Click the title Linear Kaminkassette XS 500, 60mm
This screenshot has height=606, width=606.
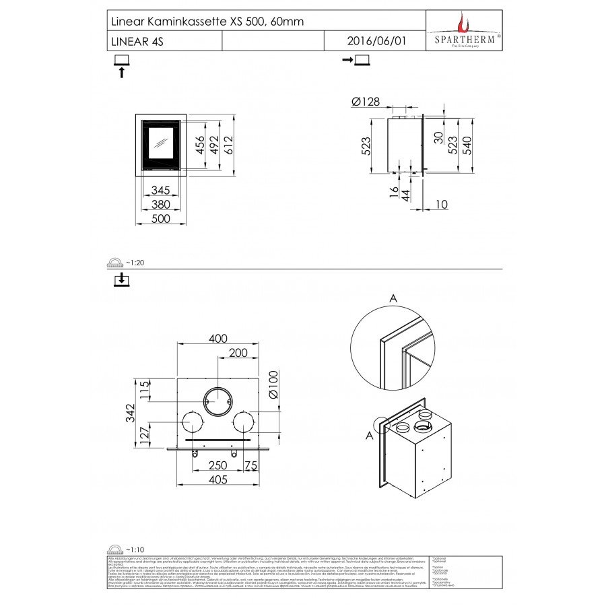[206, 22]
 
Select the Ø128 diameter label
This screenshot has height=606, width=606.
[366, 102]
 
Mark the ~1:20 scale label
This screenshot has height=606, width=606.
[135, 263]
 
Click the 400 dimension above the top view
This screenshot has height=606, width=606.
[217, 339]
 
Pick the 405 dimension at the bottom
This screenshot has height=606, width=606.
[217, 479]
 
